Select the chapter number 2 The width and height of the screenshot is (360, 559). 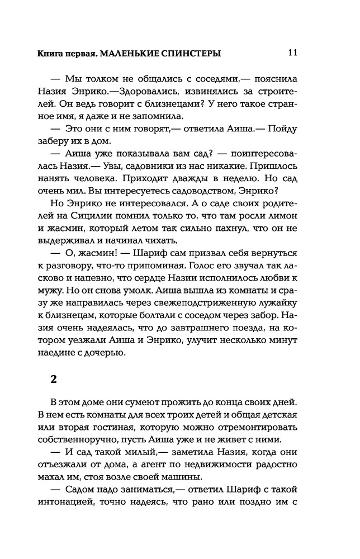point(54,379)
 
